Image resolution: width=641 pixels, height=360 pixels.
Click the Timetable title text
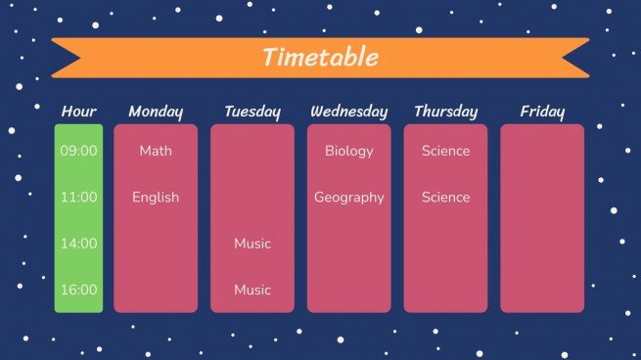click(x=320, y=57)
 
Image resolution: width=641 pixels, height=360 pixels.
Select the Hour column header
click(x=78, y=112)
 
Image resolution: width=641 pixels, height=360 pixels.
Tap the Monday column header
click(x=155, y=112)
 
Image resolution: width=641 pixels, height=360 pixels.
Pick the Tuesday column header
click(x=252, y=112)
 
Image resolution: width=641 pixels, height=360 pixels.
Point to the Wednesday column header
click(x=348, y=112)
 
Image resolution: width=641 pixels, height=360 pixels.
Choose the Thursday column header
click(x=445, y=112)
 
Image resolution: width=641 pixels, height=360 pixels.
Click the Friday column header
click(x=542, y=112)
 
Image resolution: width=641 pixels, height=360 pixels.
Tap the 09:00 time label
click(x=78, y=151)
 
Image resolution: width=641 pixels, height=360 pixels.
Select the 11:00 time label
click(x=78, y=197)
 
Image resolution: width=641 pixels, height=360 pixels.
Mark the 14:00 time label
click(x=78, y=244)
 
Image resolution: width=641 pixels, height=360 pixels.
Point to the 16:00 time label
click(x=78, y=290)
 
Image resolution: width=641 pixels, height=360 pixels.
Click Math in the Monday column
click(x=155, y=151)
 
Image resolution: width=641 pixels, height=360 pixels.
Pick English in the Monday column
click(x=156, y=197)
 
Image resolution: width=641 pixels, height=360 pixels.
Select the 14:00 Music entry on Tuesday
click(x=252, y=244)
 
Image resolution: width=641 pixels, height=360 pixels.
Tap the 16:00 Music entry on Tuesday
click(x=252, y=290)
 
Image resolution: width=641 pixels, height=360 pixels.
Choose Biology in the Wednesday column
click(x=349, y=151)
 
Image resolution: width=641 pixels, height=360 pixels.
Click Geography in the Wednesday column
click(x=349, y=197)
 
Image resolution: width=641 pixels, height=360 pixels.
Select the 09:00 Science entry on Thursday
click(x=445, y=151)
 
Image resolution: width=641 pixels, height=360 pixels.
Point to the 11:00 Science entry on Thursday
click(x=445, y=197)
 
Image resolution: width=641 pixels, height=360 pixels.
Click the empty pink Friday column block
click(x=542, y=218)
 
